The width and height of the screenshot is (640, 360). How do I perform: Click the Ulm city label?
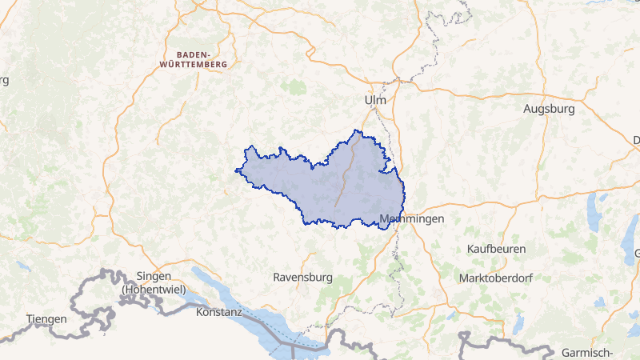coord(374,101)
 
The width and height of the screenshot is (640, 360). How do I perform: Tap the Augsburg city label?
coord(550,109)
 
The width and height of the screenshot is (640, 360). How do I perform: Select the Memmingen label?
coord(412,218)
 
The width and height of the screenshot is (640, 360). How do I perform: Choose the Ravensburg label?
coord(302,278)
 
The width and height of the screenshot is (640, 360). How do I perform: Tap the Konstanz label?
coord(218,311)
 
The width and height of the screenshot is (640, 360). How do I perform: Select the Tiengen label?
coord(46,318)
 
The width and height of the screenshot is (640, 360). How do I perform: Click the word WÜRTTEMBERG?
coord(194,62)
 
